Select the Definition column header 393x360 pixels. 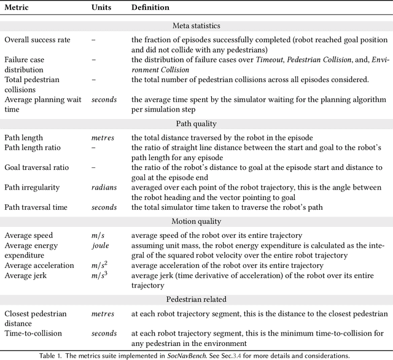(150, 8)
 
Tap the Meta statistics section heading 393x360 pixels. (196, 26)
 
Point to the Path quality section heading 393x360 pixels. (196, 123)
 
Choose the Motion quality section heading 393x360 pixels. (196, 221)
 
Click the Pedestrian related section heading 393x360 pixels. (196, 299)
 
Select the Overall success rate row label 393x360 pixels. (37, 40)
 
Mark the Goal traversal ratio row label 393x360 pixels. (37, 167)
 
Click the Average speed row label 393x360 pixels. (29, 235)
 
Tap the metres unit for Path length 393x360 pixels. (103, 137)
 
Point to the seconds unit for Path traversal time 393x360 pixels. (104, 207)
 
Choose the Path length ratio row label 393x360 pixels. (33, 147)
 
